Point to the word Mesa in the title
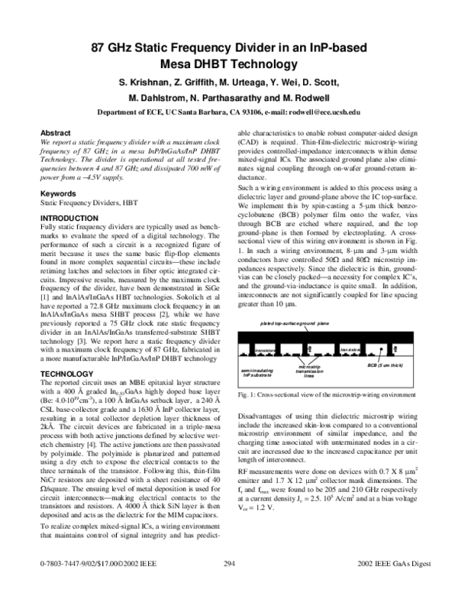tap(185, 63)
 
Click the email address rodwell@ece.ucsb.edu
tap(320, 112)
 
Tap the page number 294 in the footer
tap(227, 584)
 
